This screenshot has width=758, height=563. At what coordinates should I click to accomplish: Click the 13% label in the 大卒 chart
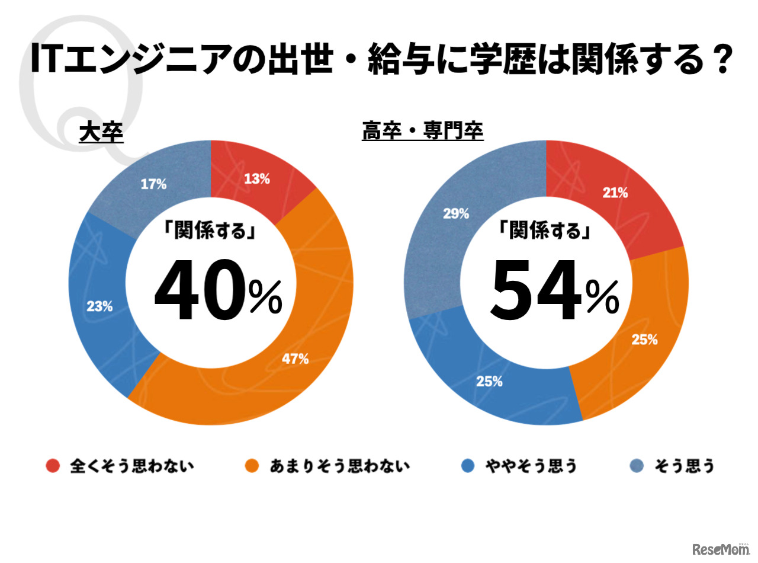tap(257, 178)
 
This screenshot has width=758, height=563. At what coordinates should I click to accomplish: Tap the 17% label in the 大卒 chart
tap(153, 184)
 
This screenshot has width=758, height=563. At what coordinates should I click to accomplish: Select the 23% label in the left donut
tap(99, 306)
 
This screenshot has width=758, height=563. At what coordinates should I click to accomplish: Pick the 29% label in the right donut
tap(456, 213)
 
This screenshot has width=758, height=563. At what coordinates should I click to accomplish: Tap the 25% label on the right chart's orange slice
tap(644, 340)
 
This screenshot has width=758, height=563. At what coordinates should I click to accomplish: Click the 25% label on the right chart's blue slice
tap(489, 381)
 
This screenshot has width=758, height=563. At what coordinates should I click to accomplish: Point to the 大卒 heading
tap(101, 133)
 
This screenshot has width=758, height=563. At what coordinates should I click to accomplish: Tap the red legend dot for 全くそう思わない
tap(53, 466)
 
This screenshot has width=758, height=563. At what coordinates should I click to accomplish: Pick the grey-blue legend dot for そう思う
tap(637, 466)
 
